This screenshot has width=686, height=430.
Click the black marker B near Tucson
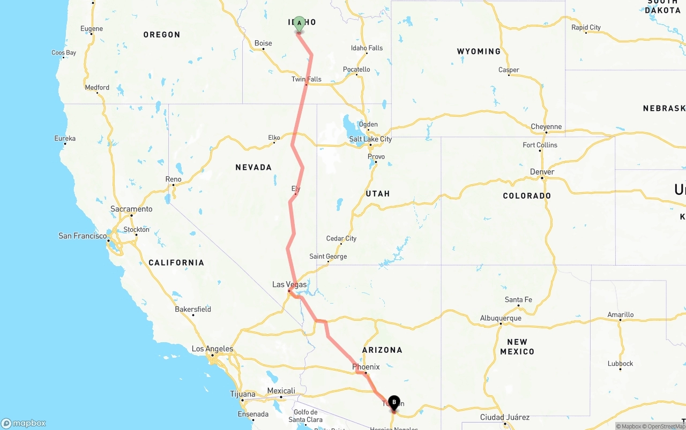(394, 403)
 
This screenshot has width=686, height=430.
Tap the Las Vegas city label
(289, 284)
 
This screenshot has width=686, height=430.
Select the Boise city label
(263, 43)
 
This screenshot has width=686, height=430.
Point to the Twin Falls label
(307, 79)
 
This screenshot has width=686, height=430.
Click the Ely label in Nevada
(296, 188)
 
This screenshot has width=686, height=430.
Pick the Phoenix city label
(366, 367)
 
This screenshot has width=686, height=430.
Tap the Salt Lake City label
(370, 139)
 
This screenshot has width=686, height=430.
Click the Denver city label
(542, 172)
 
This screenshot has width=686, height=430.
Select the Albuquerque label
(501, 318)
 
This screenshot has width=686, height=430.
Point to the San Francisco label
(83, 236)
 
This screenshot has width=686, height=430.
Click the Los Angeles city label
(212, 349)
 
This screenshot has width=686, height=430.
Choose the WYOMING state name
(479, 51)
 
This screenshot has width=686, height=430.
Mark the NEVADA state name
(253, 168)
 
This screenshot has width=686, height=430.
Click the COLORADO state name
(527, 196)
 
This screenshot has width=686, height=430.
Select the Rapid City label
(586, 27)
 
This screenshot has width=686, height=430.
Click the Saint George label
(328, 257)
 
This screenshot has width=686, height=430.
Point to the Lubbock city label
(620, 364)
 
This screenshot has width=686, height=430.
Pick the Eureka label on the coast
(65, 138)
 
